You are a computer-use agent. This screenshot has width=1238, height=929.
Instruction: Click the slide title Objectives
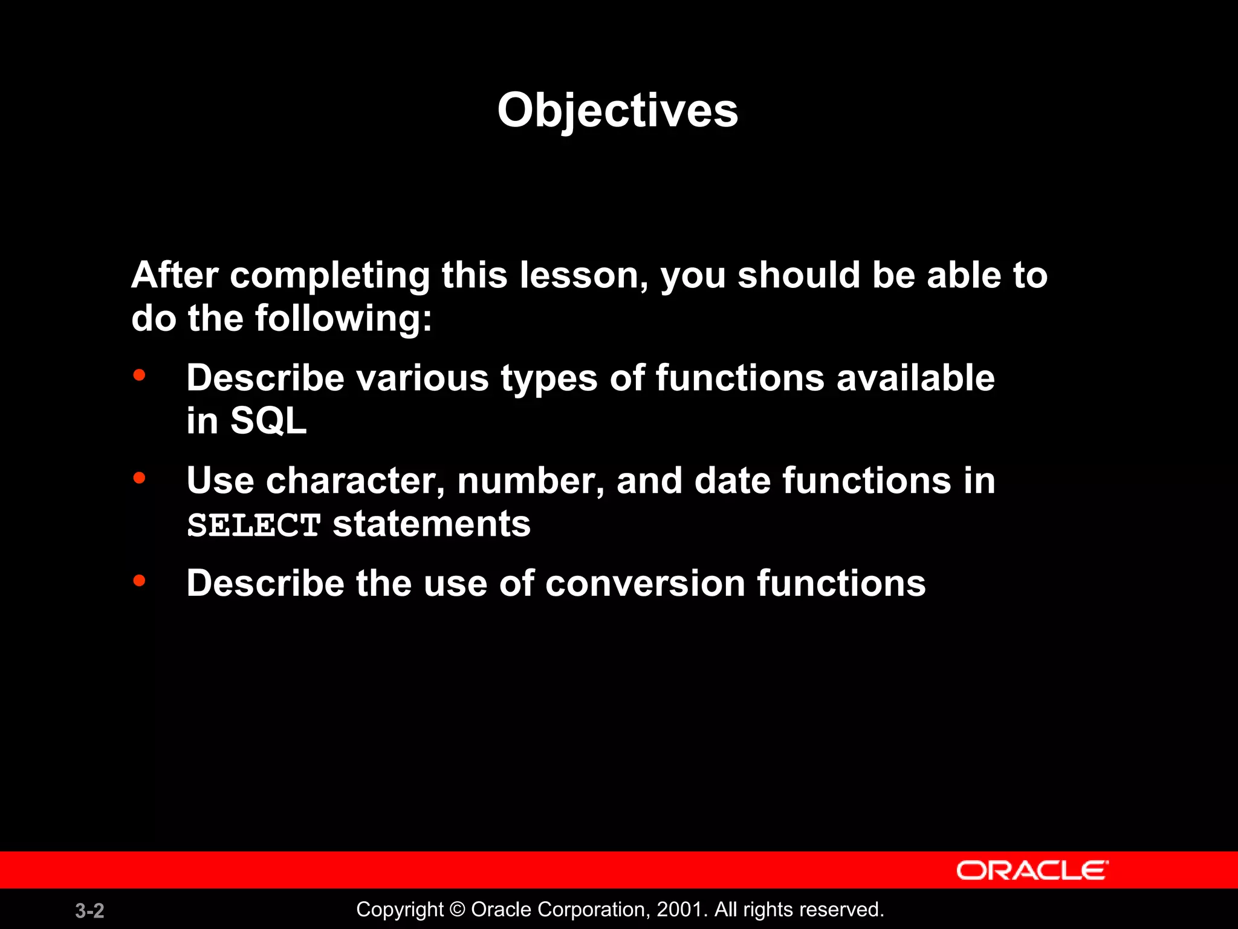(x=617, y=110)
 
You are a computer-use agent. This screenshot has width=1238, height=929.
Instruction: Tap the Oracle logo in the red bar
(x=1032, y=870)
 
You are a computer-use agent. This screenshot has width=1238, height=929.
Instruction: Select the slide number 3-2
(x=89, y=910)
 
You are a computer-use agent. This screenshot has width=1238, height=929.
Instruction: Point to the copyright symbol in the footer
(x=458, y=909)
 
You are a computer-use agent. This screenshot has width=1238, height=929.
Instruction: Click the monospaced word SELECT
(x=253, y=524)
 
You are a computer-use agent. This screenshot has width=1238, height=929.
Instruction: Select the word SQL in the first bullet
(x=268, y=420)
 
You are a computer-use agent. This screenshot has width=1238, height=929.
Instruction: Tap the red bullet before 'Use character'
(x=139, y=478)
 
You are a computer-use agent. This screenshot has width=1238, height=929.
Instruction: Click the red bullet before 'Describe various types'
(x=139, y=376)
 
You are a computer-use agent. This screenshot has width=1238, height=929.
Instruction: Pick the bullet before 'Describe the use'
(x=139, y=581)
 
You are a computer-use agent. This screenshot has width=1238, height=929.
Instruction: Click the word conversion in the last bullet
(x=645, y=583)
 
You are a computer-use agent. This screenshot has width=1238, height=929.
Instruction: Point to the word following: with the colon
(x=343, y=318)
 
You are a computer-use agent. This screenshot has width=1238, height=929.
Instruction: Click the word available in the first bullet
(x=915, y=378)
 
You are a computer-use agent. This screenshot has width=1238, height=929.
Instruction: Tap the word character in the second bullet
(x=355, y=481)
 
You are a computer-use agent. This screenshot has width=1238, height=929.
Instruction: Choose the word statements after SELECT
(x=432, y=524)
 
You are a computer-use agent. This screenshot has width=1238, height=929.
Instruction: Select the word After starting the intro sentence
(x=175, y=275)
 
